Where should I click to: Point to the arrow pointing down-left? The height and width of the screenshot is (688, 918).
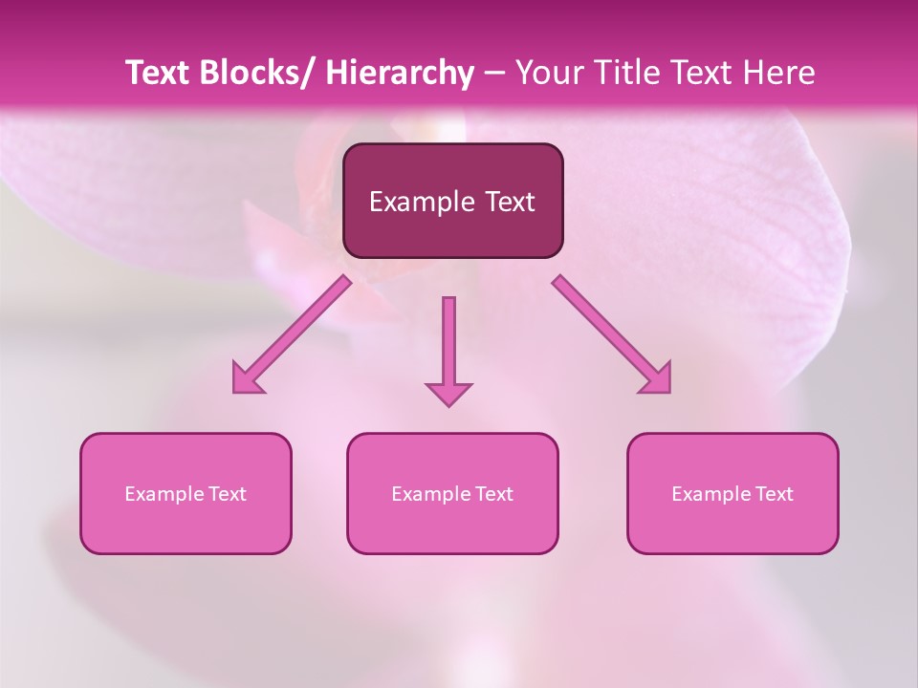(292, 334)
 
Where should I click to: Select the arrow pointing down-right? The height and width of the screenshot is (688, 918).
(612, 334)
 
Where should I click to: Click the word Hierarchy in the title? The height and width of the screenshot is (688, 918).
(399, 73)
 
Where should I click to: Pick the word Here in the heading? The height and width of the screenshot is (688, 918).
(780, 73)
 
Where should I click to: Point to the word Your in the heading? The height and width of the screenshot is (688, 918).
(548, 73)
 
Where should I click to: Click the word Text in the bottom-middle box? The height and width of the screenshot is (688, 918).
(492, 494)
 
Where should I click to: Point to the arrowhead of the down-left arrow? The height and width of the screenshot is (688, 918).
(247, 379)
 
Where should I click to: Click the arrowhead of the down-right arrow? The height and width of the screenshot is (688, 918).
(657, 379)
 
